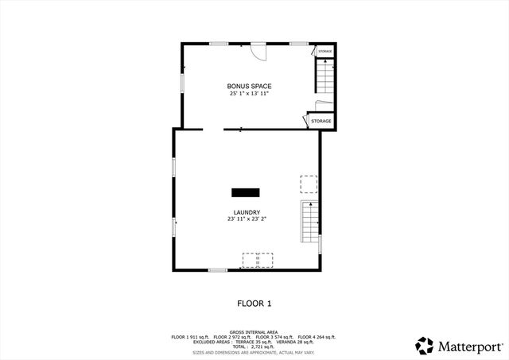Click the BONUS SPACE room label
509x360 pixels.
pos(249,86)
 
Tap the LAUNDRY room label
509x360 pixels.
pos(247,212)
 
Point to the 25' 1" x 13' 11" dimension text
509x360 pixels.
pos(249,94)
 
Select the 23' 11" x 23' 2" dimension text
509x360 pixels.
pos(247,219)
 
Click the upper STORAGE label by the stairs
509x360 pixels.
pos(324,52)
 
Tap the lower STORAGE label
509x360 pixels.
pos(321,121)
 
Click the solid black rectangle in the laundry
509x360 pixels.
pos(246,192)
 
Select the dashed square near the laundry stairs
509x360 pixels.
pos(308,184)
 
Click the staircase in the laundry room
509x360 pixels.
pos(309,223)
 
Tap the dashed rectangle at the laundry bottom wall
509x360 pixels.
pos(258,261)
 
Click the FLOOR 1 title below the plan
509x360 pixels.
pos(254,304)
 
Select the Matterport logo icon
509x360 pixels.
pos(425,346)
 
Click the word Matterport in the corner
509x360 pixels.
pos(470,346)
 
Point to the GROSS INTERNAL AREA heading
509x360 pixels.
pos(254,332)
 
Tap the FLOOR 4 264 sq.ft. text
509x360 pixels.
pos(317,337)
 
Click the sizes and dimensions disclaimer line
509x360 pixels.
pos(254,352)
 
